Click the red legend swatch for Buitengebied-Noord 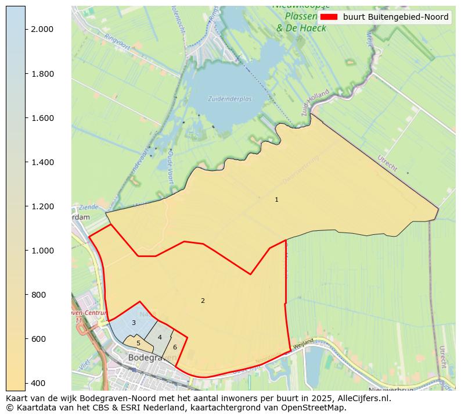pyautogui.click(x=329, y=17)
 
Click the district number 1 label pyautogui.click(x=276, y=199)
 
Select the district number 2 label pyautogui.click(x=203, y=301)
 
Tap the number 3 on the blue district pyautogui.click(x=134, y=323)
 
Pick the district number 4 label pyautogui.click(x=160, y=337)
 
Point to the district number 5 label pyautogui.click(x=138, y=343)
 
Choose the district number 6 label pyautogui.click(x=175, y=347)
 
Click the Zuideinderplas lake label pyautogui.click(x=230, y=99)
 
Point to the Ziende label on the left pyautogui.click(x=87, y=206)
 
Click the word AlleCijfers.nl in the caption pyautogui.click(x=361, y=399)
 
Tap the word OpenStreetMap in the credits pyautogui.click(x=316, y=408)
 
